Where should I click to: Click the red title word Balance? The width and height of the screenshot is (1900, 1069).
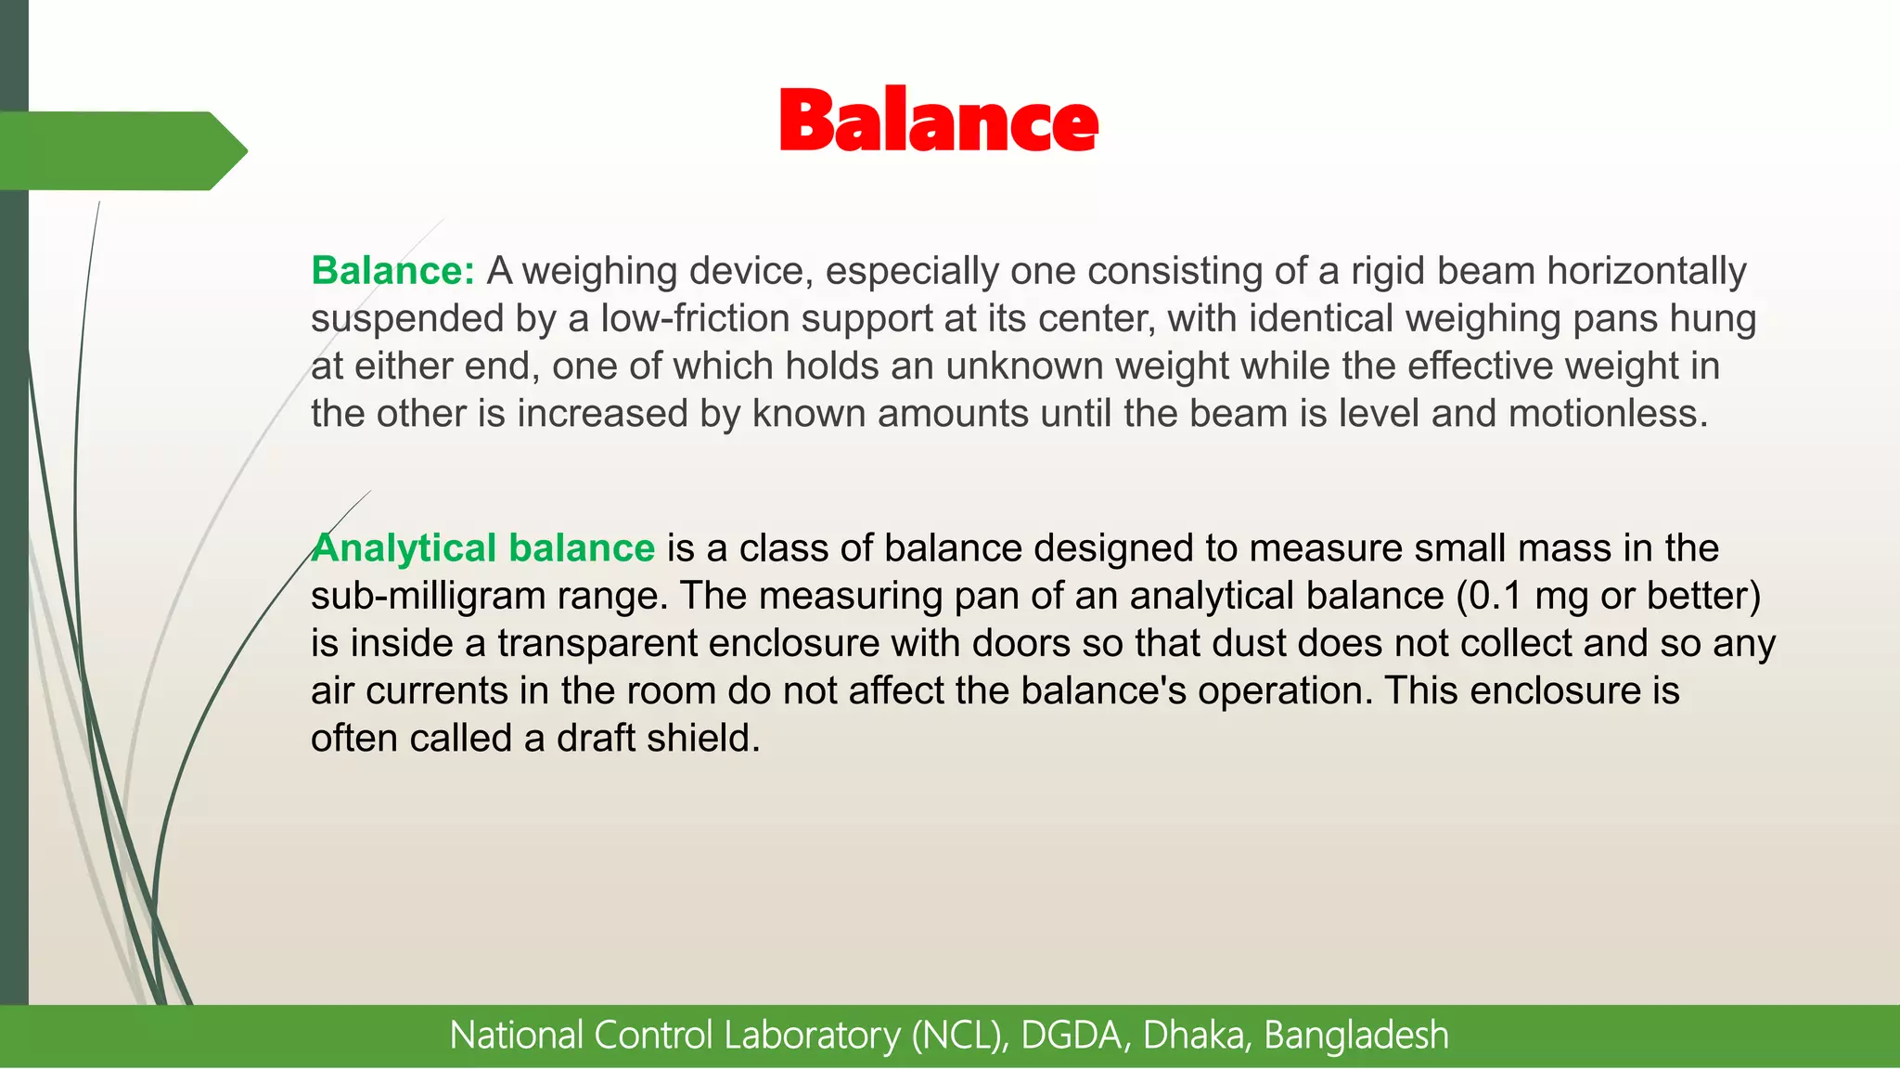pos(939,121)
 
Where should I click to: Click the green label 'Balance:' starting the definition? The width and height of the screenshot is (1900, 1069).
pos(392,271)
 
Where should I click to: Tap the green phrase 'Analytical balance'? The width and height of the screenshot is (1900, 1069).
pos(482,548)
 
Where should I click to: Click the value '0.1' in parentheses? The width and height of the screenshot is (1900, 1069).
pos(1496,596)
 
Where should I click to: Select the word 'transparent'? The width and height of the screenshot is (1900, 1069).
pos(597,643)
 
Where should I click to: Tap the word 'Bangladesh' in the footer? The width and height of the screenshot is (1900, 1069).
pos(1355,1036)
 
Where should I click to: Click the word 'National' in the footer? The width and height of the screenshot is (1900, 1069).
pos(516,1036)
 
